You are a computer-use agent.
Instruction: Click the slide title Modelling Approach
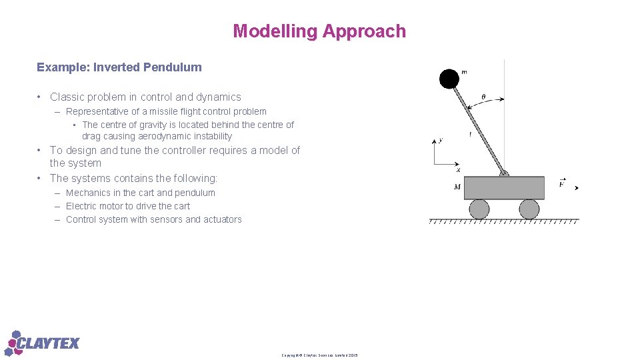(319, 31)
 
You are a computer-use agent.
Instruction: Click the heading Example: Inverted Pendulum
(119, 67)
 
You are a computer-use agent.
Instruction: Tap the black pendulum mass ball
(449, 79)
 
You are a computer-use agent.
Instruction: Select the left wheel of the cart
(479, 209)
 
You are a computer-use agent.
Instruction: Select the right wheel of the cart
(529, 209)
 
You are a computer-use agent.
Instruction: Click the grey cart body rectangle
(504, 188)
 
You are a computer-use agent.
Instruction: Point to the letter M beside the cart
(457, 187)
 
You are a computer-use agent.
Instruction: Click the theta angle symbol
(483, 97)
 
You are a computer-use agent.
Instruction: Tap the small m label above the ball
(464, 73)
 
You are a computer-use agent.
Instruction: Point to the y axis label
(440, 140)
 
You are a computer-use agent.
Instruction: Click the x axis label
(458, 170)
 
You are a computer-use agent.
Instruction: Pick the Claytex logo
(42, 343)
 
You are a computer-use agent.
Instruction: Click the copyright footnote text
(319, 355)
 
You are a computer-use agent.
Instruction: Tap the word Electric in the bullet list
(81, 206)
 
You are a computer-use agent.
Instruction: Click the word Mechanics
(88, 193)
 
